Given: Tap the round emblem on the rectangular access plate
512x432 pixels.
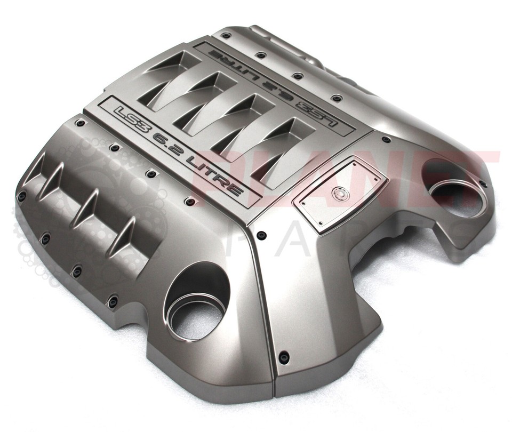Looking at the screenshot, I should (338, 194).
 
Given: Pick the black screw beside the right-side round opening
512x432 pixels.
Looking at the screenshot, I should (483, 183).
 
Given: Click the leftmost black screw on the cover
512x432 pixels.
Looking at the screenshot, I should (21, 196).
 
